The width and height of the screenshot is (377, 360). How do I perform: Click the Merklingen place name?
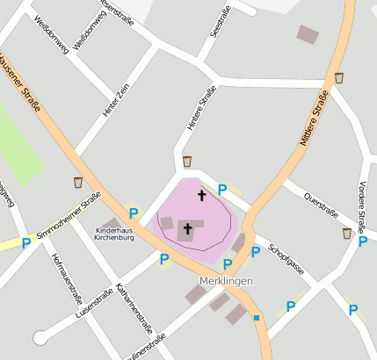click(220, 280)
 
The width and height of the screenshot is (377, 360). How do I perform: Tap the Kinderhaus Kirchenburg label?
click(114, 234)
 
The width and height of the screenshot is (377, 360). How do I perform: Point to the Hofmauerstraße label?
click(67, 275)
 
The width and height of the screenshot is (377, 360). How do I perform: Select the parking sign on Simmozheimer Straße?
click(26, 242)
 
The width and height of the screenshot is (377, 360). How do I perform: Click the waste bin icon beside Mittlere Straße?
click(339, 78)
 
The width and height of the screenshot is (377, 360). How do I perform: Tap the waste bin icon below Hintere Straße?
click(187, 161)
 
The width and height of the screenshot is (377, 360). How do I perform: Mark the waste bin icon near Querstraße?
click(347, 233)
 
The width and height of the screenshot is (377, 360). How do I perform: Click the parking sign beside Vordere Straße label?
click(363, 241)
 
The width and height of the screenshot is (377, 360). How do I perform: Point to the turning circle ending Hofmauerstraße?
click(40, 337)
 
